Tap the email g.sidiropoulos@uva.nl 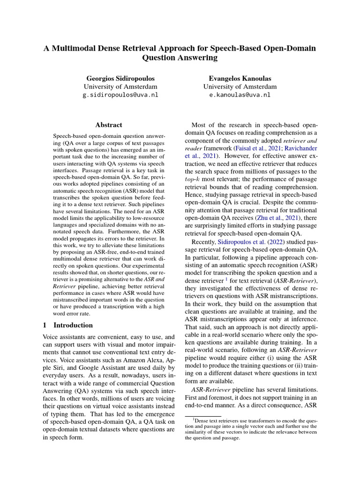(x=120, y=95)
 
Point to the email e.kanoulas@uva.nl (x=240, y=95)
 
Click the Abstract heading (x=108, y=125)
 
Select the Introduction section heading (x=73, y=325)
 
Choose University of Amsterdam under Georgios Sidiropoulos (x=120, y=86)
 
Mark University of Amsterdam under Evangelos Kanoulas (x=240, y=86)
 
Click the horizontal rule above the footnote (x=203, y=415)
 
